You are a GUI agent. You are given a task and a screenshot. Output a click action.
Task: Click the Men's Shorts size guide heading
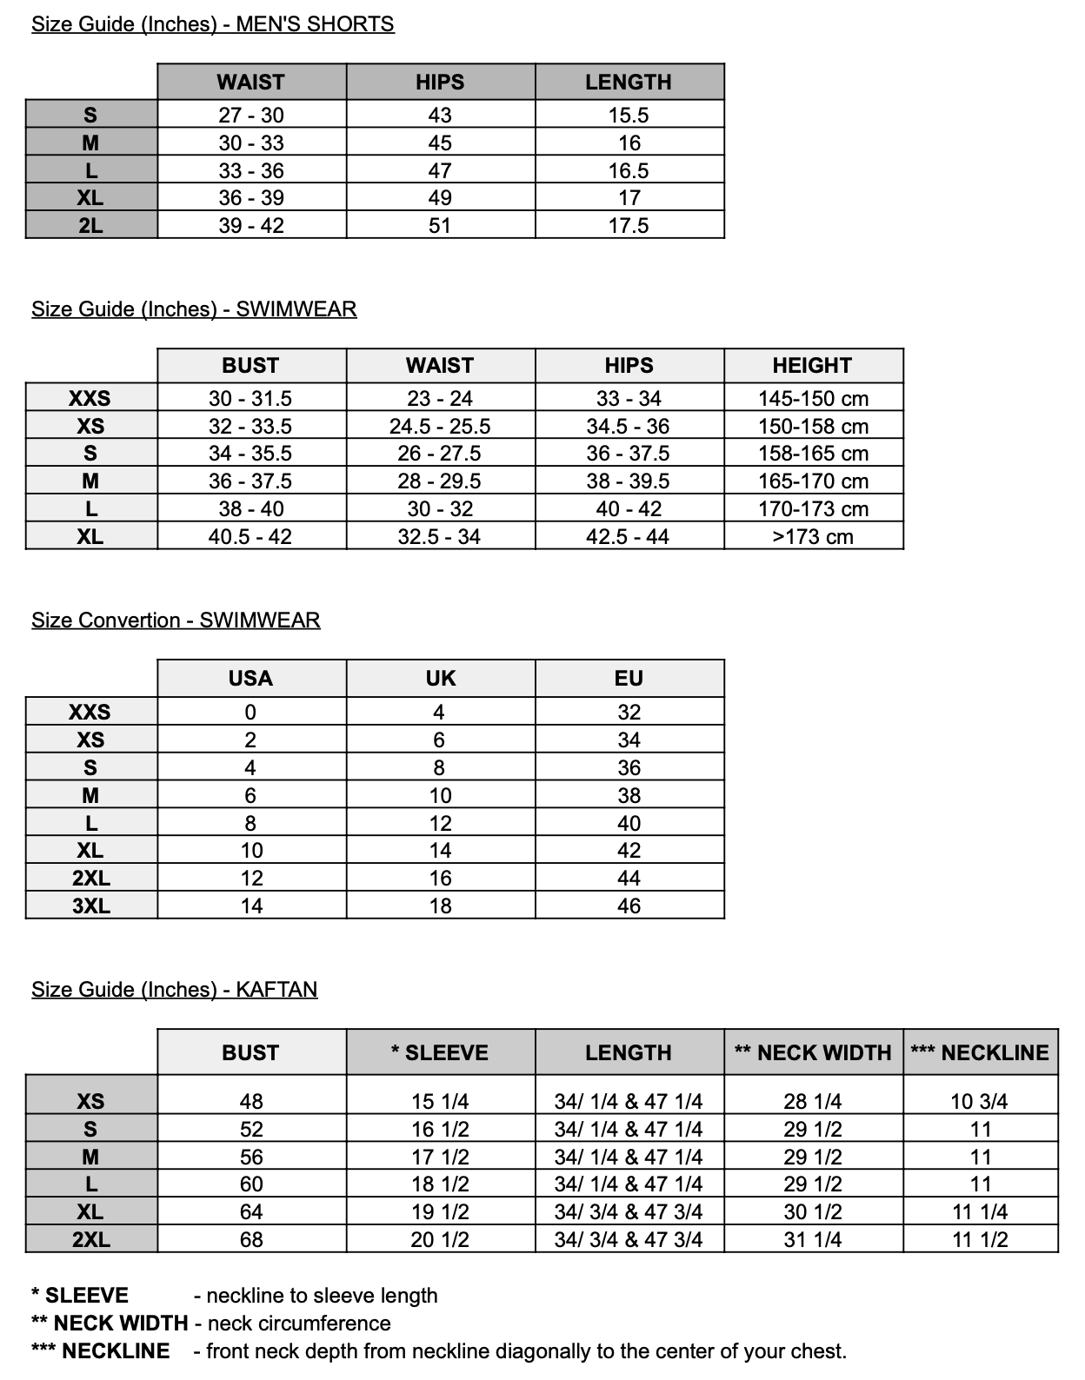212,24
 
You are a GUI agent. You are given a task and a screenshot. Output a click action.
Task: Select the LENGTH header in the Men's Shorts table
629,83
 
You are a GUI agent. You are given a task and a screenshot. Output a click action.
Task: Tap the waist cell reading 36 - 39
251,198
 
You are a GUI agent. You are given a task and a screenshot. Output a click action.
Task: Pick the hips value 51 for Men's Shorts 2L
440,226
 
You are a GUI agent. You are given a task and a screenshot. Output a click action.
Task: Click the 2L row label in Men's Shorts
90,226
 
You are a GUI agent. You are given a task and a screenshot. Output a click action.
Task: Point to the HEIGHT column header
812,366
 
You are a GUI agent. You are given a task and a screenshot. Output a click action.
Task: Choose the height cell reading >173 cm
813,537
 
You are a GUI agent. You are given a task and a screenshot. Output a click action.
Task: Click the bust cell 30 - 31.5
250,399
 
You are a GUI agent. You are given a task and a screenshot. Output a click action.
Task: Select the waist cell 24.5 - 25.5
440,427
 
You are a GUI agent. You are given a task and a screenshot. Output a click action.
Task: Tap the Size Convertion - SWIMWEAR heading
176,620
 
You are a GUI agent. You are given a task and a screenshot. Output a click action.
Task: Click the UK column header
440,679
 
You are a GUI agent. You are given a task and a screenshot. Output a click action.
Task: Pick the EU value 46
629,906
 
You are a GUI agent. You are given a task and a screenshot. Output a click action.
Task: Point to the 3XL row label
90,906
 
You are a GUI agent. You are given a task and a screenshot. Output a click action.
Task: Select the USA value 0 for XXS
250,713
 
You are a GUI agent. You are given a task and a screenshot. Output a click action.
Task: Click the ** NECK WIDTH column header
813,1053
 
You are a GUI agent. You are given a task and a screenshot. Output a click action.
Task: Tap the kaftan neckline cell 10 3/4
979,1102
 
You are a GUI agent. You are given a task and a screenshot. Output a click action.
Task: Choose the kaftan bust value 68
251,1240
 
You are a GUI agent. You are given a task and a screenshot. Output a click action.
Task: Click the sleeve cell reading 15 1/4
440,1102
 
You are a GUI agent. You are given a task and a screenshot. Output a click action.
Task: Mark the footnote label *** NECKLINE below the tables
101,1351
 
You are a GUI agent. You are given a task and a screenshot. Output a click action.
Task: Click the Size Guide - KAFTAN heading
174,990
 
